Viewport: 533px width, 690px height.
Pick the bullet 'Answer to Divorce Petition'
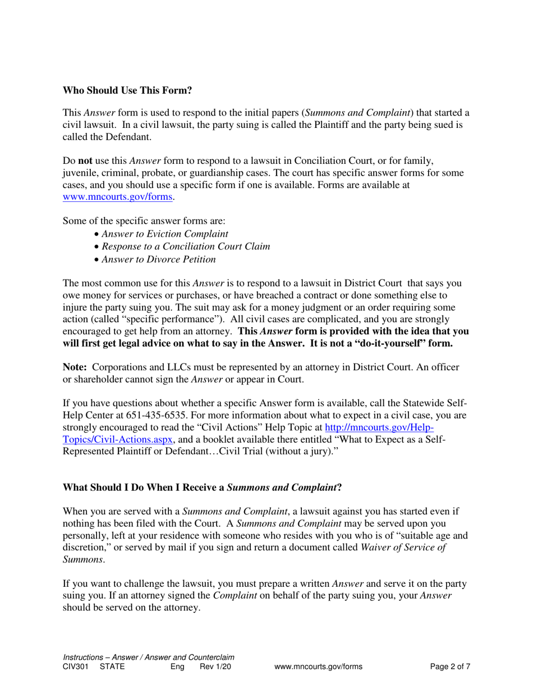tap(159, 259)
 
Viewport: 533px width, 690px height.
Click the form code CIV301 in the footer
tap(76, 667)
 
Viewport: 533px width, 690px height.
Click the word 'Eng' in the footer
tap(177, 667)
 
